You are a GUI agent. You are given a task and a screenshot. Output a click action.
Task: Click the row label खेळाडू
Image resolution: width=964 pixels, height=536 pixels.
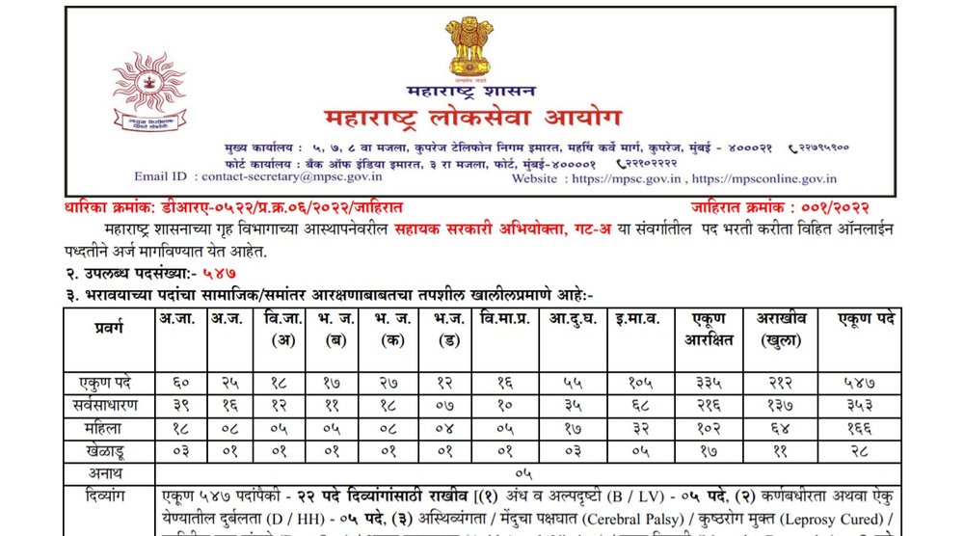[x=109, y=452]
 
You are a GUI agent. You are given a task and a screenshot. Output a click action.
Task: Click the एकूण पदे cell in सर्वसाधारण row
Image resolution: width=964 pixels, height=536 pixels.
[x=856, y=405]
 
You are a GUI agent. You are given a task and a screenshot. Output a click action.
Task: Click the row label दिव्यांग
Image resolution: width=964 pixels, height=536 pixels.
[x=109, y=498]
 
